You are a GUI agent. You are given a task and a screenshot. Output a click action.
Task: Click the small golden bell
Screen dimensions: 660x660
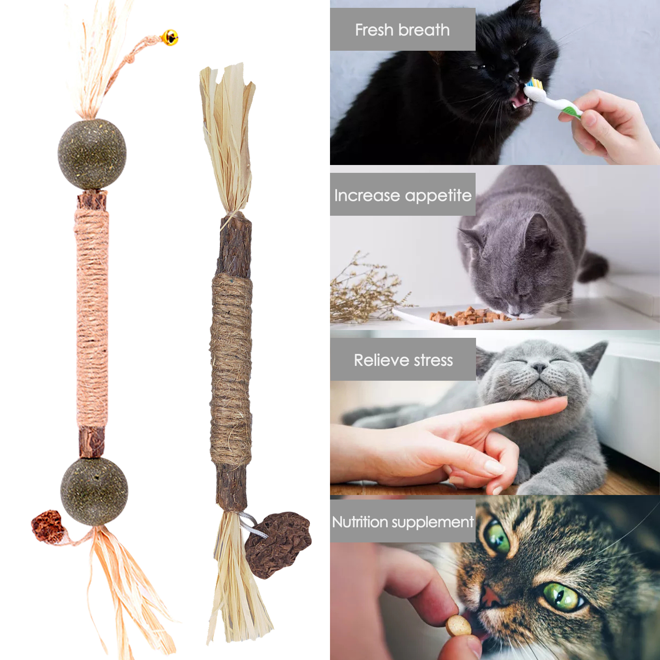170,38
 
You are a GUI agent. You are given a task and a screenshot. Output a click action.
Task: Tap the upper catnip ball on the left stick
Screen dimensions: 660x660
92,154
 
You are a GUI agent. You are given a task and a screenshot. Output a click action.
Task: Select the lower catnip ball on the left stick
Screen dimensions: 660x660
94,491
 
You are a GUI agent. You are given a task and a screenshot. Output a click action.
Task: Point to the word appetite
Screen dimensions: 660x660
438,196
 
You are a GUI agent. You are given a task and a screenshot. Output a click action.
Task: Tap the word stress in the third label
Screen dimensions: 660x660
434,361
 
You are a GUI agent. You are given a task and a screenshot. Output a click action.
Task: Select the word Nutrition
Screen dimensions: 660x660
360,522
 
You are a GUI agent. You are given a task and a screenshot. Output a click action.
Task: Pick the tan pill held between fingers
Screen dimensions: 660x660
458,626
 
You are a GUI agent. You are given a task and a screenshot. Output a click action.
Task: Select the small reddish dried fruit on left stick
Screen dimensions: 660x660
48,526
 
